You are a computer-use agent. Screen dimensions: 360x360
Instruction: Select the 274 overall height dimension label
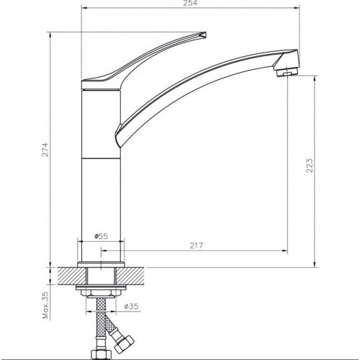pos(45,150)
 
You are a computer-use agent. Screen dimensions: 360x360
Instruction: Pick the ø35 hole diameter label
pos(131,307)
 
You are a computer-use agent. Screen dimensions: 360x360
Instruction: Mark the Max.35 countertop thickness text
pos(45,304)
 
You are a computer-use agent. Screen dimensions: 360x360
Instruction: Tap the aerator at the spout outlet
pos(286,72)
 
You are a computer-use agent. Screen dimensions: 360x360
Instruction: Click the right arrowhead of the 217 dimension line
pos(285,251)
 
